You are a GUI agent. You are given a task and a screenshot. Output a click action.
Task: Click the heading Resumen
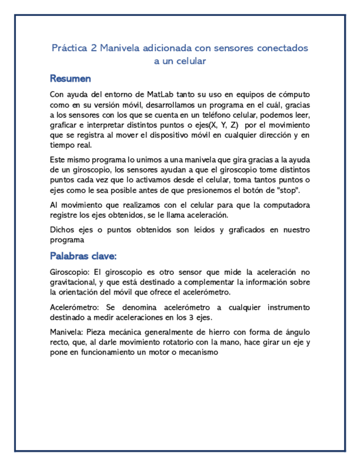(70, 79)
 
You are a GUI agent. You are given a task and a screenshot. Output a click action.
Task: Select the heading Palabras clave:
(83, 256)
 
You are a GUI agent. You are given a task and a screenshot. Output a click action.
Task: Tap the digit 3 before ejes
(187, 317)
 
